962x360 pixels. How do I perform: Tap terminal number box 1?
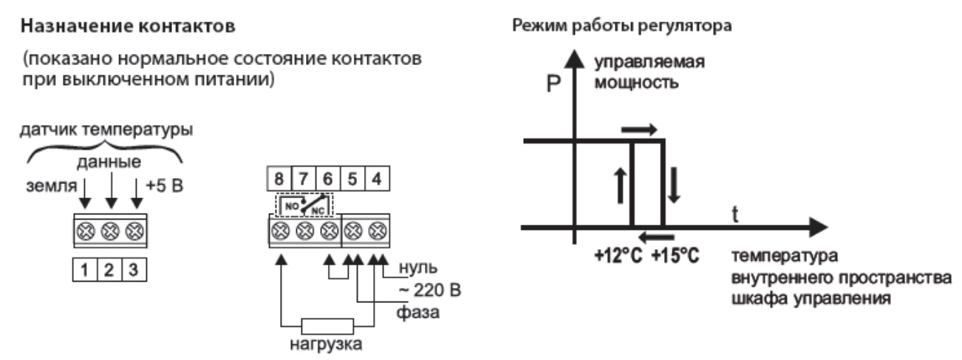coord(86,269)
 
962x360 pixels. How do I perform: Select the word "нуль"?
coord(418,267)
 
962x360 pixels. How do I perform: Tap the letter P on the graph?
coord(554,86)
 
